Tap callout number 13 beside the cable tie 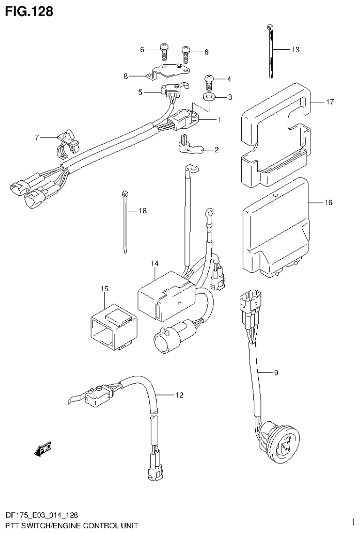295,49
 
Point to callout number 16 328,202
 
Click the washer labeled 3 208,98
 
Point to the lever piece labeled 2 190,147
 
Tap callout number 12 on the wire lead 179,395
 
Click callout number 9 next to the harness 276,373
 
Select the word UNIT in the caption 126,525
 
